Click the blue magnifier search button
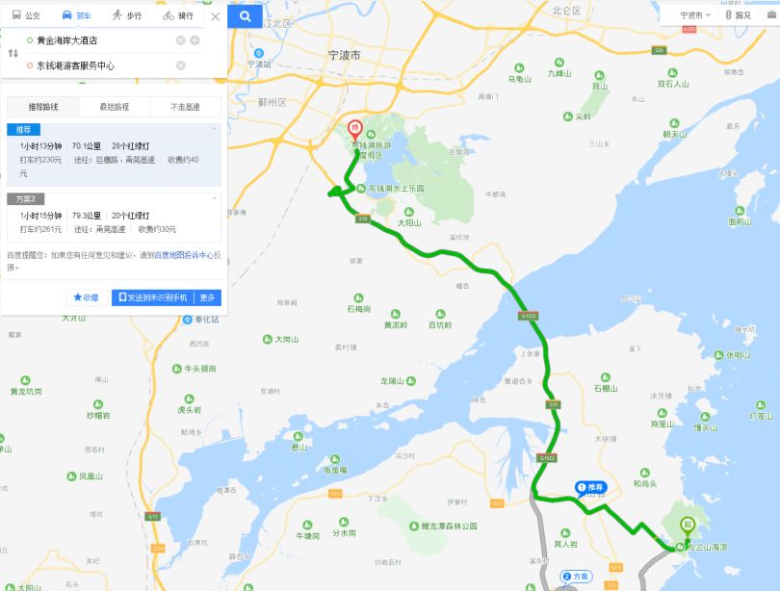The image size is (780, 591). (x=246, y=15)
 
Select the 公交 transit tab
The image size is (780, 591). (x=26, y=15)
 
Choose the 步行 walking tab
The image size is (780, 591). (x=126, y=15)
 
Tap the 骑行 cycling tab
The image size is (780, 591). (x=178, y=15)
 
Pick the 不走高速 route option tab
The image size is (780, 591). (x=185, y=106)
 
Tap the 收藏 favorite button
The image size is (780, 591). (x=86, y=297)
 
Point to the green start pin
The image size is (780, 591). (x=688, y=526)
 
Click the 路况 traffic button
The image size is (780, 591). (x=739, y=15)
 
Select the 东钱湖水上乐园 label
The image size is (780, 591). (x=395, y=189)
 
